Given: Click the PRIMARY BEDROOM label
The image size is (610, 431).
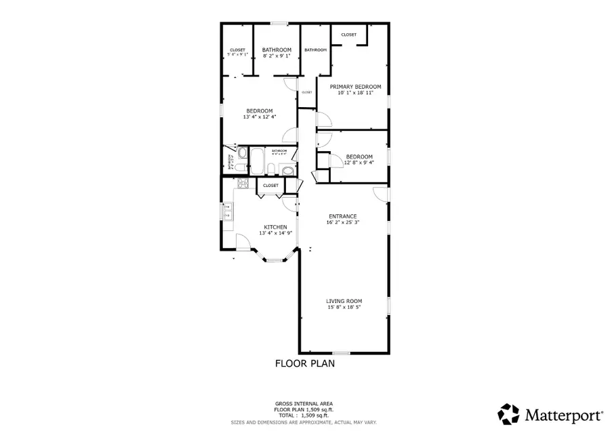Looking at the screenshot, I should coord(355,87).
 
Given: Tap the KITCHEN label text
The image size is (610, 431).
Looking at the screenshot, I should coord(275,227).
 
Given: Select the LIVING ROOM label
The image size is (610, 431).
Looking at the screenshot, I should coord(345,301).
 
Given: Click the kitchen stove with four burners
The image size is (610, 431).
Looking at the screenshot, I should coord(242,183).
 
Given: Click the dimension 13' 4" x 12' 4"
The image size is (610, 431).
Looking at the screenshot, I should coord(259,117).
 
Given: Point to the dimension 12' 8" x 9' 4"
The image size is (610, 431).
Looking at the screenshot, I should coord(359,163).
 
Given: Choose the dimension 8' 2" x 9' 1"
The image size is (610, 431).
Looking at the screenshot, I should coord(277,56).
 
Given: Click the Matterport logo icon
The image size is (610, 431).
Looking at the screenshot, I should coord(510,413).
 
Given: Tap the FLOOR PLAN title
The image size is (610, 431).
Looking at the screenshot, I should coord(304,363).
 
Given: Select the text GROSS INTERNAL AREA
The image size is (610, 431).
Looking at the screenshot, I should coord(304,403).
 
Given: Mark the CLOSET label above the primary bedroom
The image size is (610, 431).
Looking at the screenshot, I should coord(349,35).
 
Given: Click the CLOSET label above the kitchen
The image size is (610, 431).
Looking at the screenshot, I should coord(270,185).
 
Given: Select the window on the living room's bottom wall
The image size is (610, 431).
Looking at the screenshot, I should coord(342,352).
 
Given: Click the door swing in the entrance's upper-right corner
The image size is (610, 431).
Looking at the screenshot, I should coord(382,194).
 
